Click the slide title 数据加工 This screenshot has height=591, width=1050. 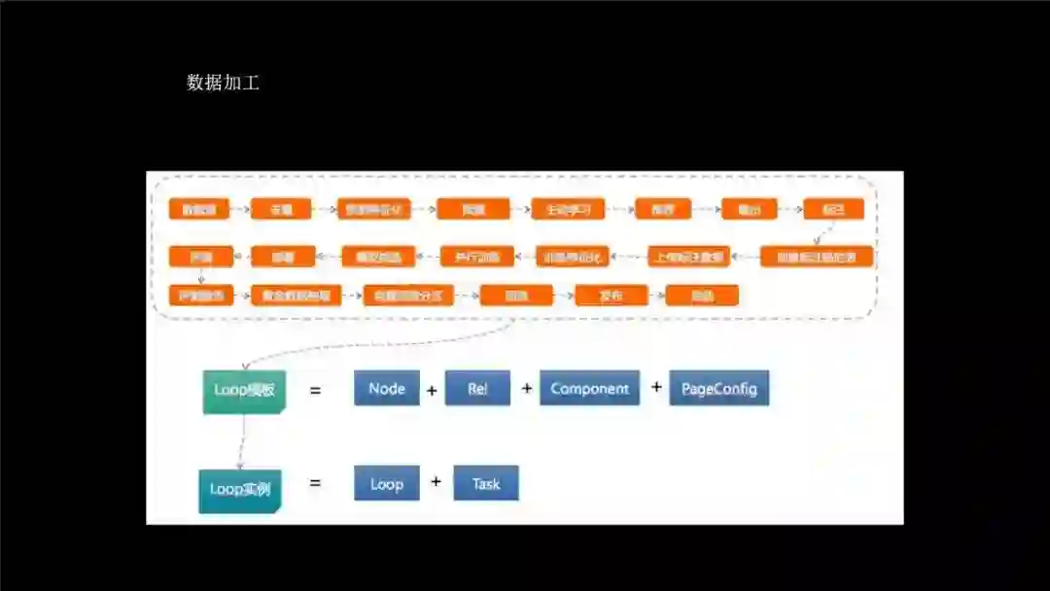point(223,83)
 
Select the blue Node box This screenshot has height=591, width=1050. point(386,389)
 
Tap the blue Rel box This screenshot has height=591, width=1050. point(477,389)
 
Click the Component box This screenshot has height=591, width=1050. point(589,389)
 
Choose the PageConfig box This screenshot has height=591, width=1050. point(718,389)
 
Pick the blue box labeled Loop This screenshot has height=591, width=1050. point(386,483)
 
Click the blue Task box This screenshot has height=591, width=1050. point(485,483)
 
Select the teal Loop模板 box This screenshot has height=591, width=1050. point(243,391)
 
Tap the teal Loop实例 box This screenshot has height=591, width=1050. point(239,489)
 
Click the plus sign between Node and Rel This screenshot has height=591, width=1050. point(432,391)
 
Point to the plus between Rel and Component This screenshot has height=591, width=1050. point(527,388)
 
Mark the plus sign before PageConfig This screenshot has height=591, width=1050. point(656,387)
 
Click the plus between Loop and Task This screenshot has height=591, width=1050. point(436,481)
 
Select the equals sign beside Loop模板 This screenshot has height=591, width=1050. point(314,391)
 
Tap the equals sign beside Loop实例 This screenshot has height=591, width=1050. point(314,482)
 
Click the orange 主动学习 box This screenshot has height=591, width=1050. point(568,209)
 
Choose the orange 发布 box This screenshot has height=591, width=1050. point(611,295)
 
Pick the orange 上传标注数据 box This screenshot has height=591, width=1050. point(688,258)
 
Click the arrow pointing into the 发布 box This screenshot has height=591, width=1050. point(564,295)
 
